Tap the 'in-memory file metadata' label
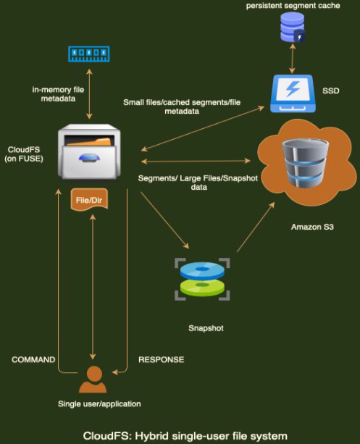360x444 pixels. pyautogui.click(x=62, y=93)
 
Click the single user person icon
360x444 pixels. pyautogui.click(x=92, y=379)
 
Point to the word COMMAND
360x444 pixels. pyautogui.click(x=33, y=359)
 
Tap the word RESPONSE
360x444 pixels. pyautogui.click(x=161, y=359)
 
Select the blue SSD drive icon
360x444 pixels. pyautogui.click(x=293, y=93)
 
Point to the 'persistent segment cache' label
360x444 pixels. pyautogui.click(x=293, y=6)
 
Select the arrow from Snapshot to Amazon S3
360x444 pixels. pyautogui.click(x=255, y=230)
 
